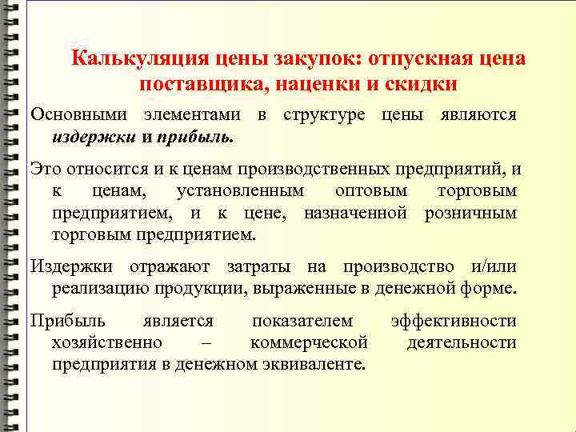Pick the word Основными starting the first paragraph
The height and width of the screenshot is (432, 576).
coord(76,115)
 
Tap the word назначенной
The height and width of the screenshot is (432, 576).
coord(353,214)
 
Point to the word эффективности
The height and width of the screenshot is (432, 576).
coord(454,322)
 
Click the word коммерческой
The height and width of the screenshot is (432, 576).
coord(309,343)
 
